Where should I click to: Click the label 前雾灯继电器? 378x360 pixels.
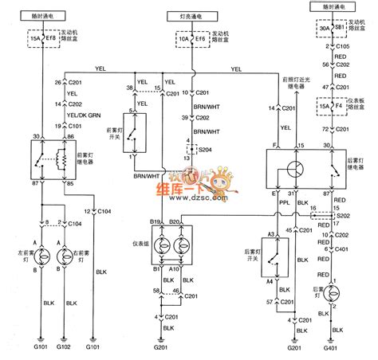pos(65,166)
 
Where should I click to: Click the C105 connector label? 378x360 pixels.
pos(345,47)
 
